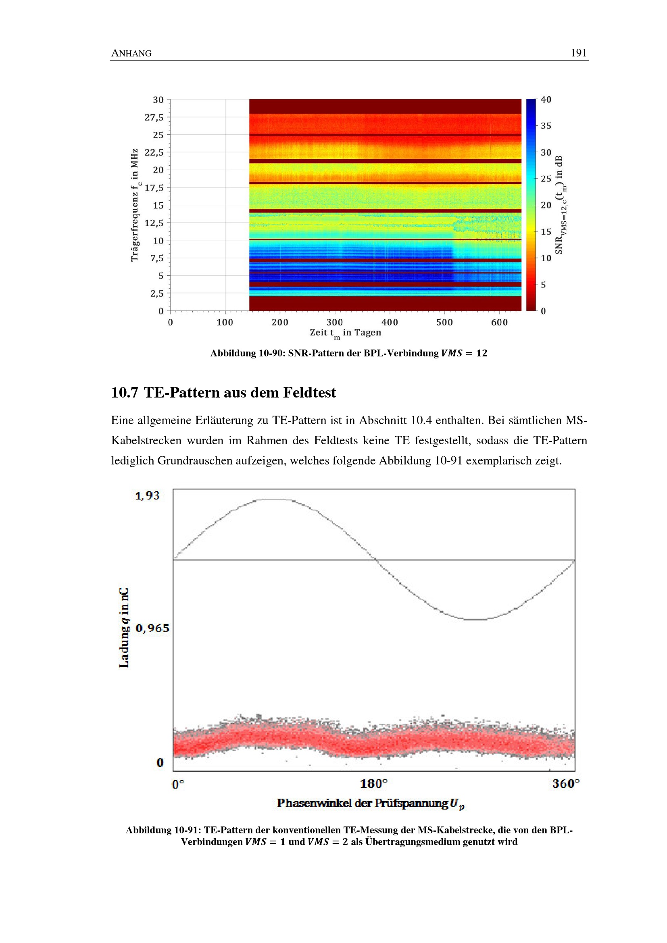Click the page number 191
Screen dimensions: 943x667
[x=578, y=53]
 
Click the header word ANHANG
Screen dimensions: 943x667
[x=131, y=53]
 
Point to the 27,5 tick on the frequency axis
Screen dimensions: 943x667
[x=154, y=117]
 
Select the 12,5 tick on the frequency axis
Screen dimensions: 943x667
[x=154, y=223]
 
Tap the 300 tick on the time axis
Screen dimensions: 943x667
[x=335, y=323]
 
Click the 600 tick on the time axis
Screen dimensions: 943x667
[x=499, y=323]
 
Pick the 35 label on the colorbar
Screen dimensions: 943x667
[x=546, y=126]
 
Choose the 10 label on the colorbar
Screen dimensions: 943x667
[x=546, y=258]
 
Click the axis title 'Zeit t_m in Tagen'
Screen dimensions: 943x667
[x=346, y=333]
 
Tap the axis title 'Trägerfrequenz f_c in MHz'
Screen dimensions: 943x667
[x=135, y=205]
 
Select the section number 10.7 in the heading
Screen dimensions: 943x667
[x=125, y=393]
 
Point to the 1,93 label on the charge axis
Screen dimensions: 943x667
[x=147, y=496]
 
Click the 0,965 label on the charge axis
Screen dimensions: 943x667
[x=152, y=628]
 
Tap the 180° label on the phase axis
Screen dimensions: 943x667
[x=373, y=784]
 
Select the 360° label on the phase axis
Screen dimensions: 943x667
[x=565, y=784]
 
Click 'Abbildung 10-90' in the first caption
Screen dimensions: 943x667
[x=248, y=353]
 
